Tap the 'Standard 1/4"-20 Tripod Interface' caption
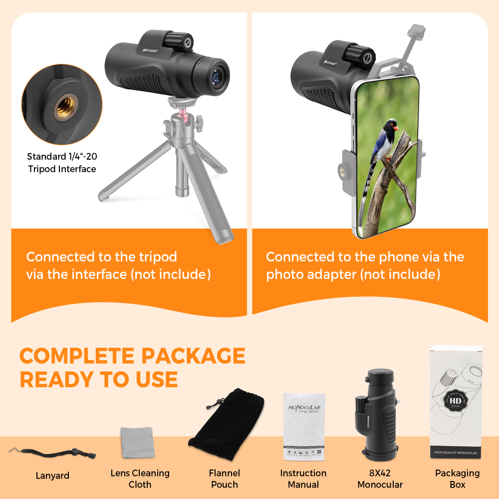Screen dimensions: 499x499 click(61, 162)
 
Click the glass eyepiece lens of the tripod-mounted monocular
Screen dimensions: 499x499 click(218, 77)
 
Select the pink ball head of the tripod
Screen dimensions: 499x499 click(178, 119)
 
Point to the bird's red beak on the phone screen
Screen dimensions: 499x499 click(396, 128)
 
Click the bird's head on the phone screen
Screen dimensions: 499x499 click(390, 124)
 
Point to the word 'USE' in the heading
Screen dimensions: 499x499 click(155, 379)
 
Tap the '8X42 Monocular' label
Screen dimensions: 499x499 click(380, 479)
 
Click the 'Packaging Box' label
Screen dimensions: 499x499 click(457, 479)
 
